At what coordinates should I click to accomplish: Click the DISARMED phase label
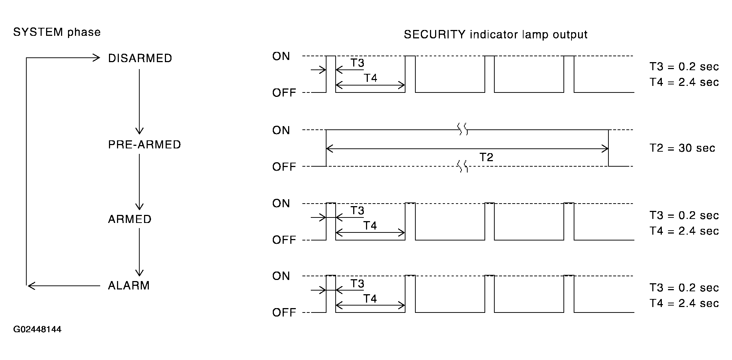(140, 58)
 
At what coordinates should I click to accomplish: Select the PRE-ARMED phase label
(144, 145)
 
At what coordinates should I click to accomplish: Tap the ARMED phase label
(129, 219)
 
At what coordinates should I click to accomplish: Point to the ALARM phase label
(129, 285)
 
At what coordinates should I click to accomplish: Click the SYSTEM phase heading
(57, 33)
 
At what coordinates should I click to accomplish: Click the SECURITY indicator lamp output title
(495, 35)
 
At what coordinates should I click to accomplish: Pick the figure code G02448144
(37, 330)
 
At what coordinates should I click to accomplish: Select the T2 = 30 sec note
(682, 148)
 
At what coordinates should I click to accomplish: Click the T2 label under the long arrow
(486, 158)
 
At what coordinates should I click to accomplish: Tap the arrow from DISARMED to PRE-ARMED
(139, 102)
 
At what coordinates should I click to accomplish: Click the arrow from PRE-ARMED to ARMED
(139, 182)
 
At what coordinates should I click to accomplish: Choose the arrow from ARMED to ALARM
(139, 252)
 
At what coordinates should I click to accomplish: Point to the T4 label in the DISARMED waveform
(370, 78)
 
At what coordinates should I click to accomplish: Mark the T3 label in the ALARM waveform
(358, 284)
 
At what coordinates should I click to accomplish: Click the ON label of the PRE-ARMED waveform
(281, 130)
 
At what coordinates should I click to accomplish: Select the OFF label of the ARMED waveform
(284, 240)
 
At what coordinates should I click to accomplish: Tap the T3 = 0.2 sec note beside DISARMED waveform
(684, 67)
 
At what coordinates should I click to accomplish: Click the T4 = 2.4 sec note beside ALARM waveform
(684, 303)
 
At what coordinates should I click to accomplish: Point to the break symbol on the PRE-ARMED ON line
(463, 129)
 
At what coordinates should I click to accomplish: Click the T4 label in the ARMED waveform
(370, 226)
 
